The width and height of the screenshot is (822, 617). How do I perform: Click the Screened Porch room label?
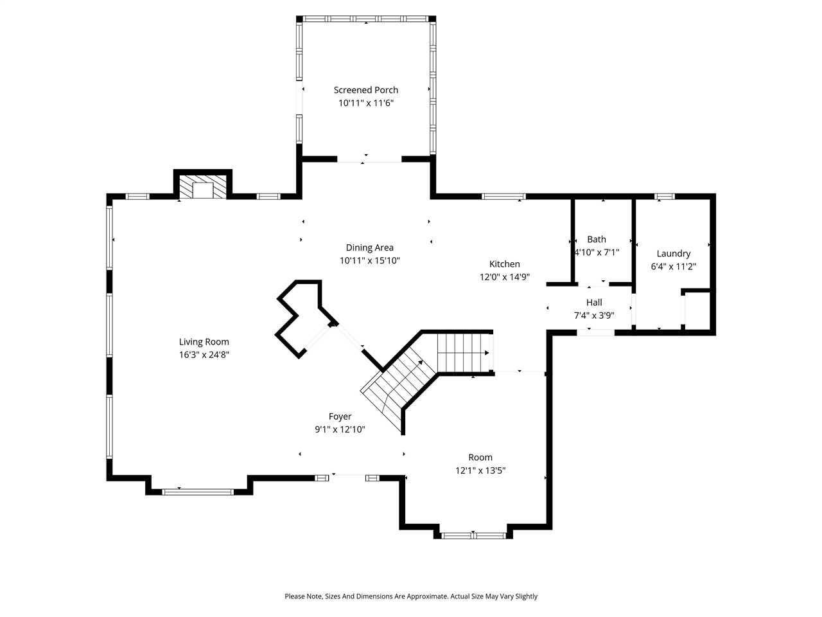click(365, 90)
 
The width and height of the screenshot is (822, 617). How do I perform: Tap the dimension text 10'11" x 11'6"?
click(365, 103)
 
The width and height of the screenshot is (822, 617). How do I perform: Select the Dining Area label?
click(369, 247)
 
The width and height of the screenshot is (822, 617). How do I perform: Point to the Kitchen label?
click(504, 264)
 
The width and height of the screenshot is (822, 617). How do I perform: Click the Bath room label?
click(596, 239)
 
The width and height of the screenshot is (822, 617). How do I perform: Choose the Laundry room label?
click(673, 253)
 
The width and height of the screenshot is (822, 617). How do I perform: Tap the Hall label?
click(594, 302)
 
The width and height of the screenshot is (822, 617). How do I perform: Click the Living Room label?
click(204, 342)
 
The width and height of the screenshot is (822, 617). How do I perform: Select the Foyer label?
click(340, 416)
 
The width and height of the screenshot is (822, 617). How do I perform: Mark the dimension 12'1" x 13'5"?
click(480, 470)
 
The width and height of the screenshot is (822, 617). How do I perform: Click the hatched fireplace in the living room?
click(203, 189)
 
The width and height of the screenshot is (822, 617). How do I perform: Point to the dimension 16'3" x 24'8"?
click(204, 355)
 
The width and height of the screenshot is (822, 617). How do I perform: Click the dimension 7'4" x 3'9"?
click(594, 316)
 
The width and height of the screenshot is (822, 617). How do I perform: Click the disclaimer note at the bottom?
click(411, 596)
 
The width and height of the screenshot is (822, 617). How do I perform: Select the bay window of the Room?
click(473, 535)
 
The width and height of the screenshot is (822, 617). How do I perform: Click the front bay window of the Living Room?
click(197, 492)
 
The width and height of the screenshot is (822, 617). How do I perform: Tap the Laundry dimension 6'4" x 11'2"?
click(673, 266)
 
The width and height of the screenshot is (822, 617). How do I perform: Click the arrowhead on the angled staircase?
click(421, 362)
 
